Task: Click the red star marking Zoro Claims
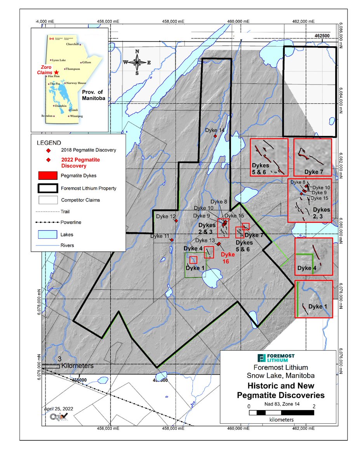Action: [57, 72]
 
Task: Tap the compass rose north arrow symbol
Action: [137, 62]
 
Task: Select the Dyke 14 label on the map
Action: [215, 130]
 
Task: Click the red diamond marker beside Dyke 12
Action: [176, 221]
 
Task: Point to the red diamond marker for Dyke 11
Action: [171, 240]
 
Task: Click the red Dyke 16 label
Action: [228, 258]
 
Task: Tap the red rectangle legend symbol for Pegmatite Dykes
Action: [48, 176]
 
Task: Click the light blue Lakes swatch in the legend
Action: [48, 235]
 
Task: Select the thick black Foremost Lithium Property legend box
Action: [48, 188]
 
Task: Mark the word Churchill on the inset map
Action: [73, 44]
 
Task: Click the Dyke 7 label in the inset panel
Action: [313, 171]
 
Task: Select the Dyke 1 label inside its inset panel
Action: [317, 306]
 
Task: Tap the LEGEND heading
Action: [49, 143]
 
